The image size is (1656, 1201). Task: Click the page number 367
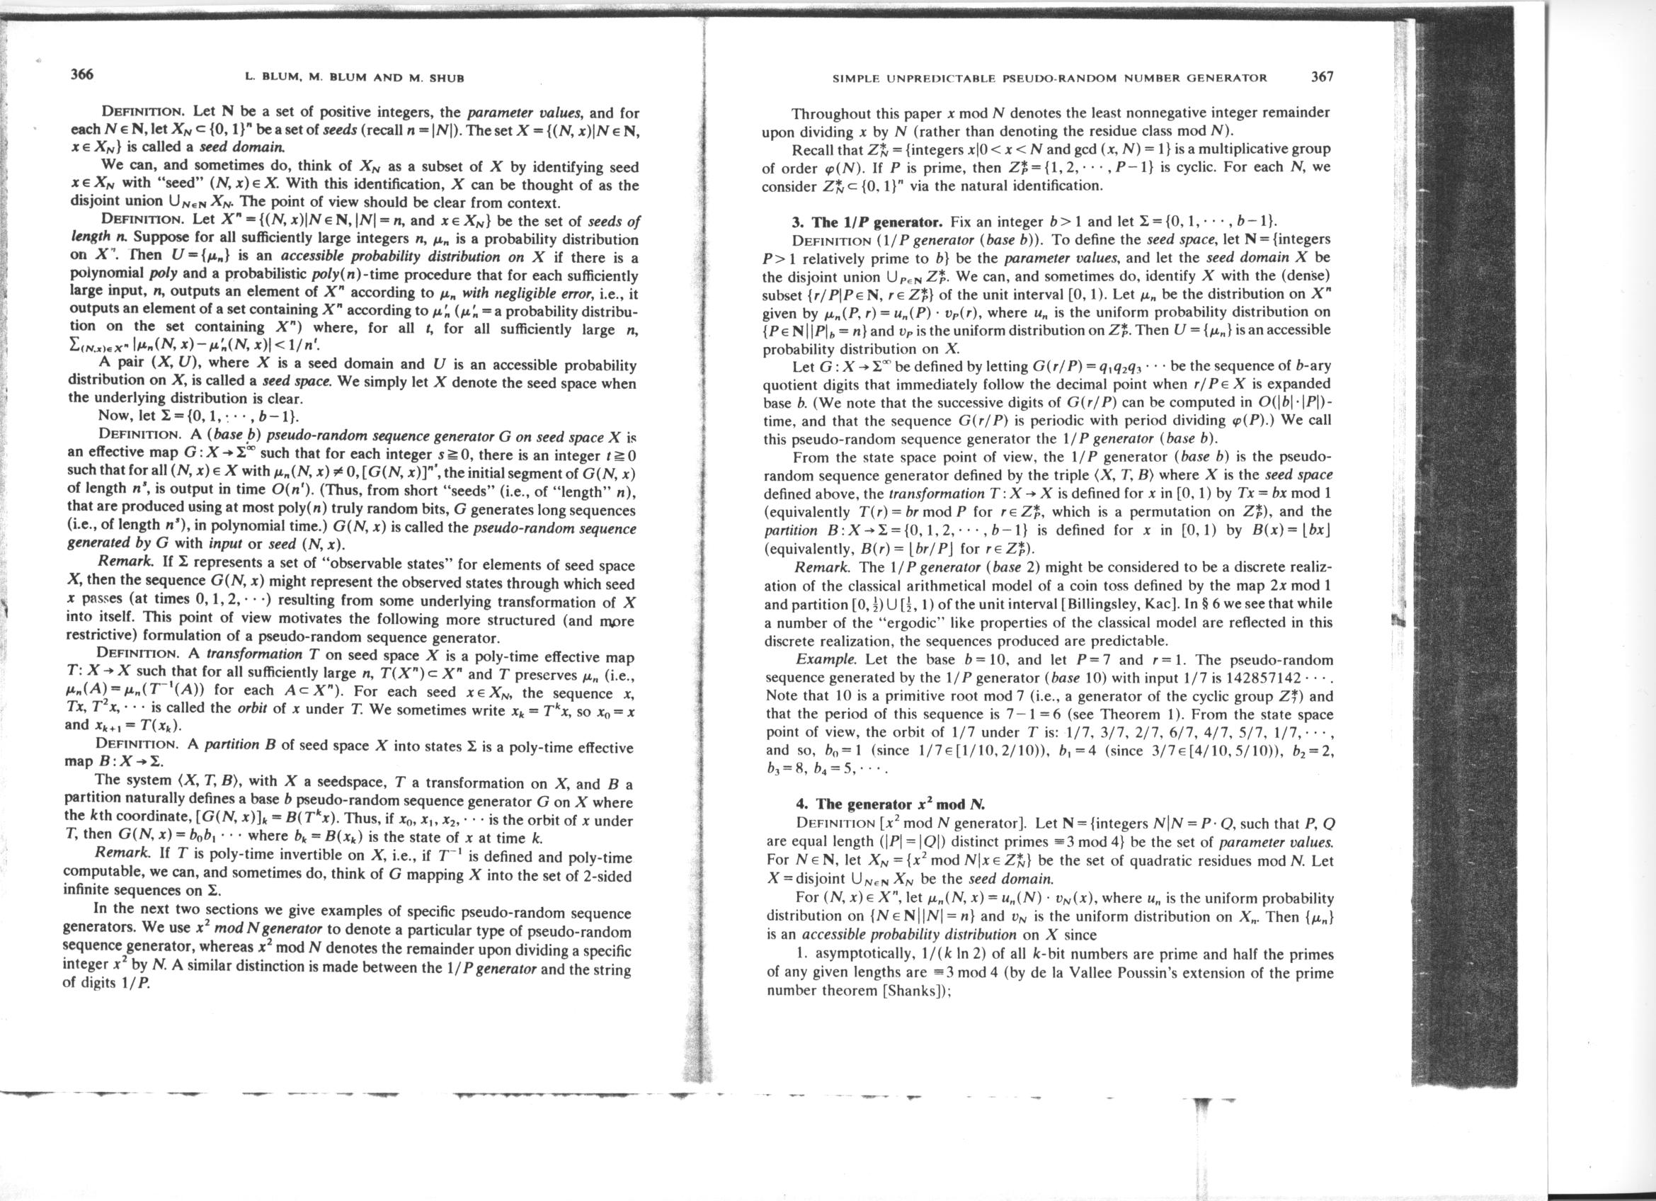click(1322, 76)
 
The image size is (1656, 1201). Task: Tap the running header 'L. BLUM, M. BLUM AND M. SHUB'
click(355, 76)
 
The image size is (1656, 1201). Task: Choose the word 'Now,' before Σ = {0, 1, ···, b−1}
click(113, 417)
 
